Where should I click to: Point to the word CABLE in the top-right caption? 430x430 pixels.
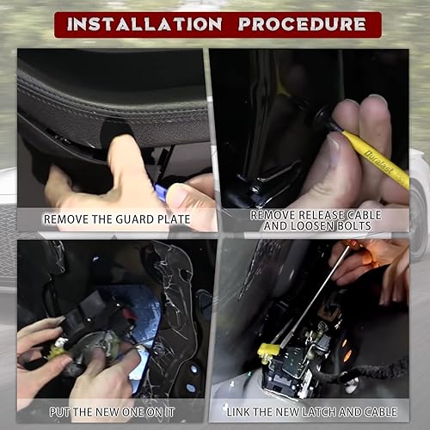tap(360, 213)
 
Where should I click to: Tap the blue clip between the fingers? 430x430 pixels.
tap(161, 183)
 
